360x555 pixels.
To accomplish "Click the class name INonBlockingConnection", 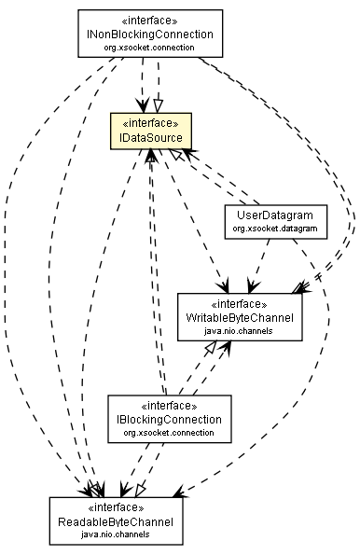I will (x=149, y=34).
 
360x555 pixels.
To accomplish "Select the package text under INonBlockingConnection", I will (x=149, y=47).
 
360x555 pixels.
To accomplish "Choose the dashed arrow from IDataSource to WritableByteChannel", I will (x=201, y=224).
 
